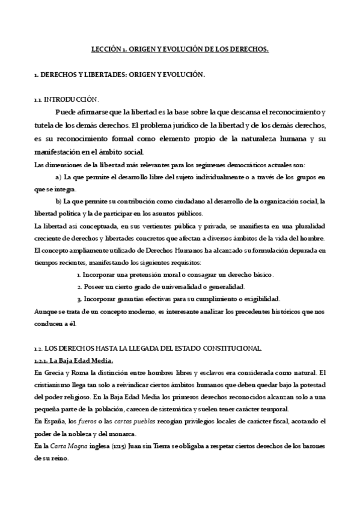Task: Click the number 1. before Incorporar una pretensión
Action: point(79,274)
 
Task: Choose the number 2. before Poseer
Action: point(79,286)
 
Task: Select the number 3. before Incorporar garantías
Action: point(79,299)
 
